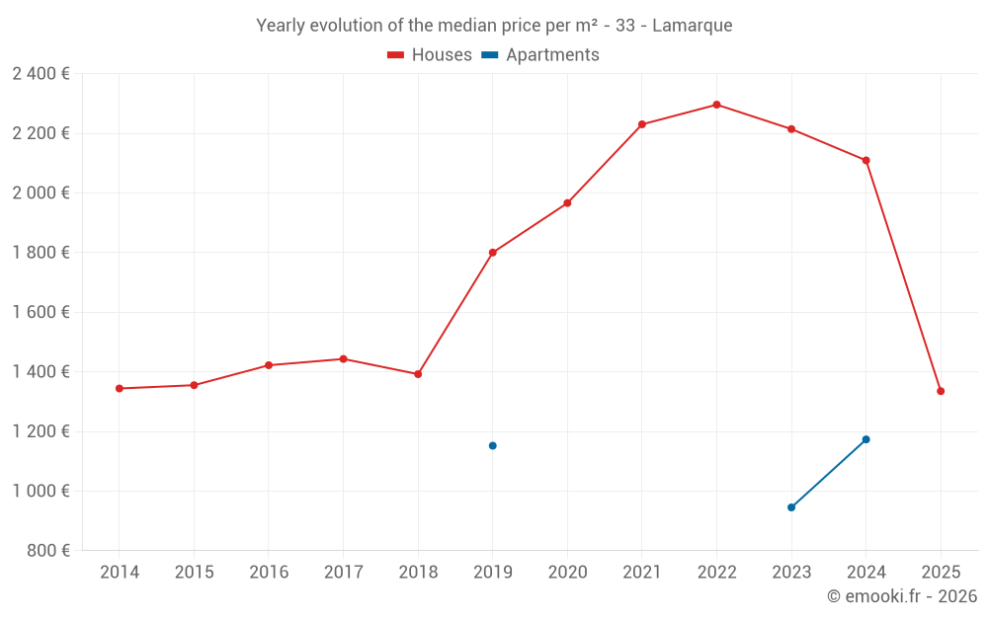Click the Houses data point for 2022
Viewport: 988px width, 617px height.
(x=716, y=105)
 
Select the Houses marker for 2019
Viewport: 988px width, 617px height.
(x=492, y=253)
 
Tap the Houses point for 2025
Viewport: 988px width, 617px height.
(x=941, y=391)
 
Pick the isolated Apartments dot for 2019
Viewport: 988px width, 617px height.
(x=492, y=445)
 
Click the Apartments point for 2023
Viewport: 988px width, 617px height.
(x=791, y=507)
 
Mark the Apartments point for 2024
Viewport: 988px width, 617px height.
(x=865, y=439)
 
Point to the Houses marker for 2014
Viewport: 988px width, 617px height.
(x=120, y=388)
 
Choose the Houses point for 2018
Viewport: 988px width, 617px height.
(x=418, y=374)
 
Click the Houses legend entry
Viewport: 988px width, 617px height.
(x=430, y=55)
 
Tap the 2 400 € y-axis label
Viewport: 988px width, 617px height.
(x=41, y=74)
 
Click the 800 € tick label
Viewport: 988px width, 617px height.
(x=48, y=551)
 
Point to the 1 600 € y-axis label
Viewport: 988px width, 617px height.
(x=41, y=312)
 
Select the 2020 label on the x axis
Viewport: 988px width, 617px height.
(x=567, y=573)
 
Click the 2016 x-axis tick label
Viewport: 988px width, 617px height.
(x=269, y=573)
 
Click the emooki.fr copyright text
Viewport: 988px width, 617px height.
(x=902, y=596)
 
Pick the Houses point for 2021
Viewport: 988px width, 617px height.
(x=642, y=124)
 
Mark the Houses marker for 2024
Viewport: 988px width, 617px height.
(x=865, y=160)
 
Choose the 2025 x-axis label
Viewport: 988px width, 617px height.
(x=941, y=573)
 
